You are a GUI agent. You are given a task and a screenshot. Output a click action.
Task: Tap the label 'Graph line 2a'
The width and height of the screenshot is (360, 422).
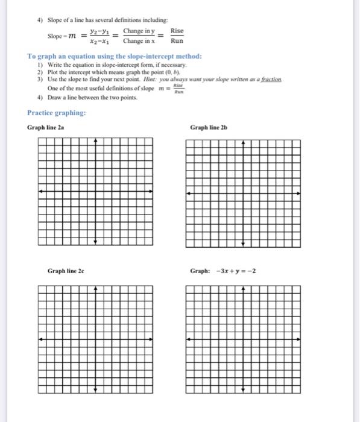click(x=46, y=127)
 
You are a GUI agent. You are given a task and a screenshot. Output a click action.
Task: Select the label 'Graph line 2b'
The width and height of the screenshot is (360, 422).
click(x=209, y=127)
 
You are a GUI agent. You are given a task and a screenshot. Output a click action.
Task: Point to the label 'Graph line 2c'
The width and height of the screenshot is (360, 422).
click(x=66, y=271)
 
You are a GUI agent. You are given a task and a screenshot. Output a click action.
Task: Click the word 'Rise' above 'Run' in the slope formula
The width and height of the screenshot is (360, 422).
click(x=177, y=31)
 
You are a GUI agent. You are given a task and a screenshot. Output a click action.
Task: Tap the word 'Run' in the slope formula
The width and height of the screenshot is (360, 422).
click(x=177, y=41)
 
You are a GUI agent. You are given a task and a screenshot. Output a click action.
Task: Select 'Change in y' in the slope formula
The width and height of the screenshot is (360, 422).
click(x=139, y=31)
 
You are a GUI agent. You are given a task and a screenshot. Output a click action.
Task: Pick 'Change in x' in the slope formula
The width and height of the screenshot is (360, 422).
click(x=139, y=41)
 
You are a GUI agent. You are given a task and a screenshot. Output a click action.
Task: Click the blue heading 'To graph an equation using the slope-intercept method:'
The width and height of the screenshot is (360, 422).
click(x=115, y=56)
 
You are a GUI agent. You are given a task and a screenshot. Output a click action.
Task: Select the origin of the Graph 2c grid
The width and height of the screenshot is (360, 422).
click(x=95, y=339)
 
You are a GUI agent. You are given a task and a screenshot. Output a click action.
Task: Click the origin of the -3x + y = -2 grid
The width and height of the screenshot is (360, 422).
click(x=244, y=339)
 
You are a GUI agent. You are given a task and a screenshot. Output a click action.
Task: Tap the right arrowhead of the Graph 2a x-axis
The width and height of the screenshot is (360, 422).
click(x=152, y=192)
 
